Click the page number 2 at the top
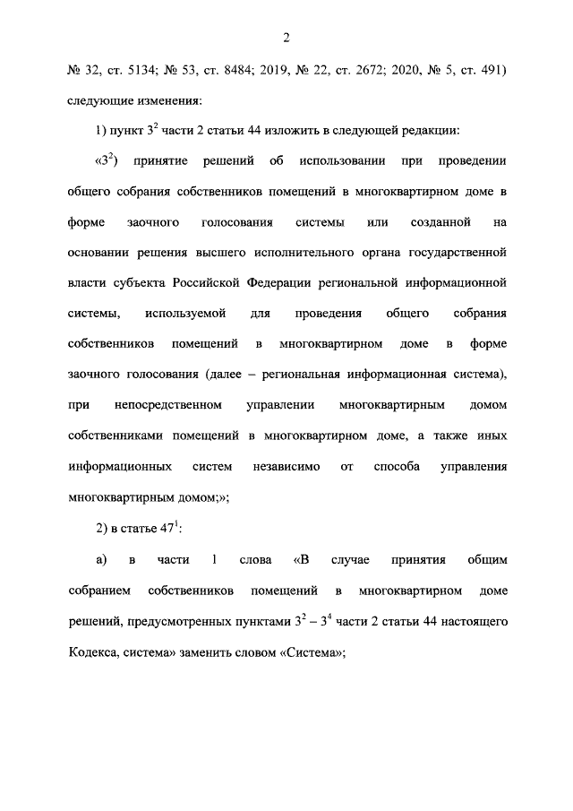coord(286,37)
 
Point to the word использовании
coord(336,162)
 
